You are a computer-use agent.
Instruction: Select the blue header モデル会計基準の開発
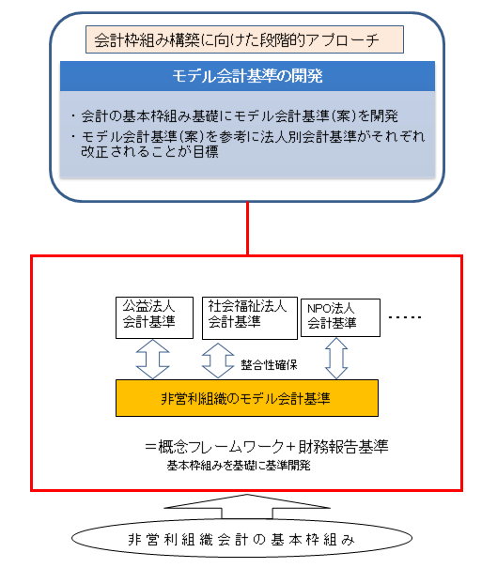247,76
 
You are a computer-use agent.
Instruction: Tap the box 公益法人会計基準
154,317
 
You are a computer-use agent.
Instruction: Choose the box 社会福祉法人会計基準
250,318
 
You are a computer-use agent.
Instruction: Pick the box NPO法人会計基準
340,317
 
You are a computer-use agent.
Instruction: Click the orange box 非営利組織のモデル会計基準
247,398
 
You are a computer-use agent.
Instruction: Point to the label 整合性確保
269,365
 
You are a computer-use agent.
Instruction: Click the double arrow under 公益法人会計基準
152,360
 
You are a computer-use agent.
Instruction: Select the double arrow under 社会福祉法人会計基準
218,361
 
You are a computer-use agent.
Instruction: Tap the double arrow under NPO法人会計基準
336,359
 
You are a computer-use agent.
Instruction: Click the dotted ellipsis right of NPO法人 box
405,317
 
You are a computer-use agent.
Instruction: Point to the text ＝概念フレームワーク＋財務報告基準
266,447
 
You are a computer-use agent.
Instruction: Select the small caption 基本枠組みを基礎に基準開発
239,466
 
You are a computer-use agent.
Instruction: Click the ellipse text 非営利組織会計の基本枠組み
241,540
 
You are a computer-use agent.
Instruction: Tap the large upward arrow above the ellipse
247,506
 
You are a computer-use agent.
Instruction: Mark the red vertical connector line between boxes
248,228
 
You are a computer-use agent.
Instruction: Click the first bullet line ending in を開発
235,115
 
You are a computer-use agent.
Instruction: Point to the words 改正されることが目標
149,151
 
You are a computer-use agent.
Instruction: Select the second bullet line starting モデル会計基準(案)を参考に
248,144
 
